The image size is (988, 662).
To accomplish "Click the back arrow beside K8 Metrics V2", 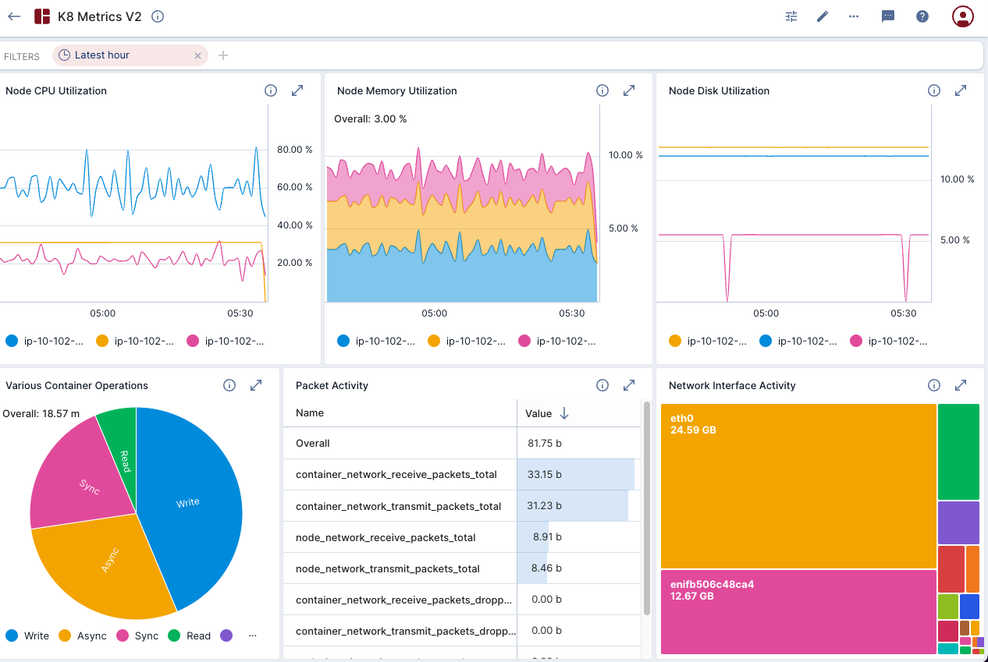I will (14, 16).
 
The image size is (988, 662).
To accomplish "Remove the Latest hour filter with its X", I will (197, 55).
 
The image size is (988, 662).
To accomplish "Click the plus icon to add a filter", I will (223, 55).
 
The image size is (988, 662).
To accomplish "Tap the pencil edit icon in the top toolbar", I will (822, 16).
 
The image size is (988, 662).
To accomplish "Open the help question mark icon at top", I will (922, 16).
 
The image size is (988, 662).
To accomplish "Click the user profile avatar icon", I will (962, 16).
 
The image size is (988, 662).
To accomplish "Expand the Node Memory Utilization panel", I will (629, 90).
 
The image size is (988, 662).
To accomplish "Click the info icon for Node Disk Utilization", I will (933, 90).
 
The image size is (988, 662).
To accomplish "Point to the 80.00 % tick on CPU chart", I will (295, 150).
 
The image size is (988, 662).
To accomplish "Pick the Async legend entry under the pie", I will (84, 635).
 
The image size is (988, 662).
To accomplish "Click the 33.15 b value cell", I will (544, 474).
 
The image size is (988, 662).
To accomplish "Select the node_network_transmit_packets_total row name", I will (388, 568).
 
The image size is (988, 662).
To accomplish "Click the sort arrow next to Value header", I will (564, 413).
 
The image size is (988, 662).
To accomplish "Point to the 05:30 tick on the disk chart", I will (903, 313).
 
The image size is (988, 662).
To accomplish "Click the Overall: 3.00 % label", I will (370, 119).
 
